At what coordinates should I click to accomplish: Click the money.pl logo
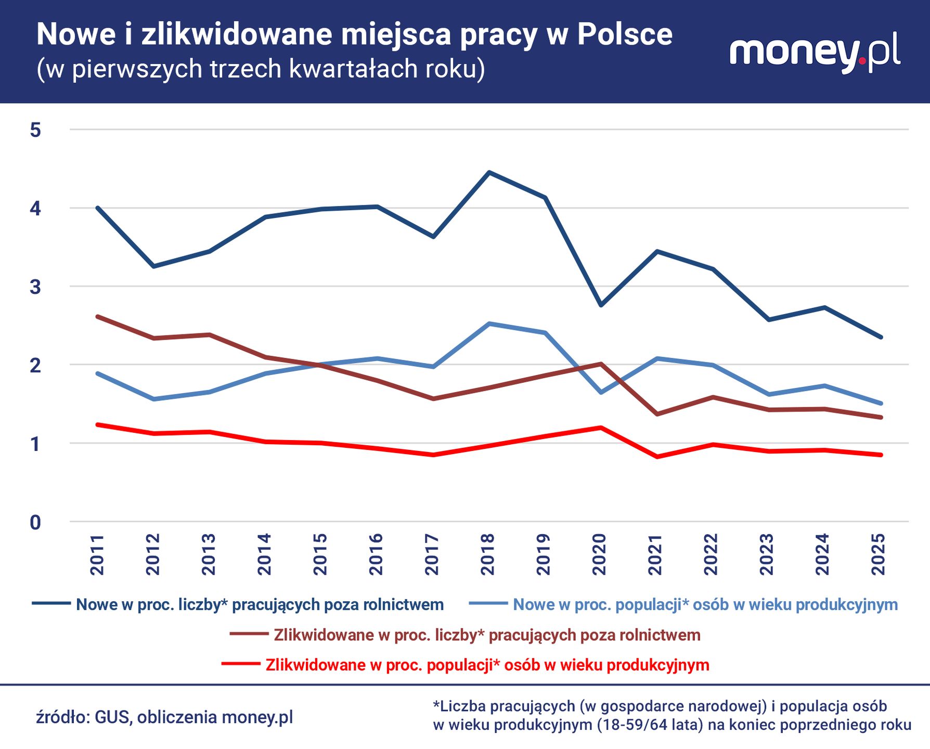815,52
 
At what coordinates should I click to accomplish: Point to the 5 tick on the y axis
35,130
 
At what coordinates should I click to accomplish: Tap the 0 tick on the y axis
35,522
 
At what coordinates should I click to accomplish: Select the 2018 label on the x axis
488,554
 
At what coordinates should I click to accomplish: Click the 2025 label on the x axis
879,554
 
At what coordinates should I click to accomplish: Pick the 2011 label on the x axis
97,554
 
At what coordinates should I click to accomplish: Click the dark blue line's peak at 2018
488,172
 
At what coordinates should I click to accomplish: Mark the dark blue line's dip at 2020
600,305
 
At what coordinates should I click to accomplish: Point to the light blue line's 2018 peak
488,324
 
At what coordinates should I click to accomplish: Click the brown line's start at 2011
98,316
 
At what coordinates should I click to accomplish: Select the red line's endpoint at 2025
881,455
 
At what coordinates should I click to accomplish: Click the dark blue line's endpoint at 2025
881,337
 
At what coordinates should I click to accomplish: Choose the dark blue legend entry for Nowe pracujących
259,604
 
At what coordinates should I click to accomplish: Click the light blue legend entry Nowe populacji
705,604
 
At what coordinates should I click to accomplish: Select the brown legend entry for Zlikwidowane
486,635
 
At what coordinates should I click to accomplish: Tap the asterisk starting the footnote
436,705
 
